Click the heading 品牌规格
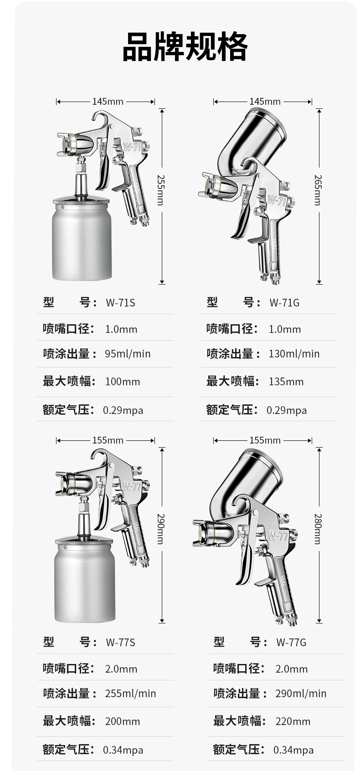point(185,46)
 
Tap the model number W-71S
point(120,302)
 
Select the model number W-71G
point(284,302)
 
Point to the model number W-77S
point(120,642)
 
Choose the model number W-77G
point(291,642)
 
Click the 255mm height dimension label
point(161,190)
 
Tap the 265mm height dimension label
point(318,190)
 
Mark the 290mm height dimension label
point(161,529)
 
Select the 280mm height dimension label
point(318,529)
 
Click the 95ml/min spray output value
point(128,354)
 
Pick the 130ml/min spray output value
point(294,354)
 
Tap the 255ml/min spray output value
point(130,694)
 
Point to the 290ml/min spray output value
point(301,694)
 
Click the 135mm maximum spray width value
point(286,382)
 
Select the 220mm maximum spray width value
point(293,721)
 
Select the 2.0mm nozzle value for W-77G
point(292,669)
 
